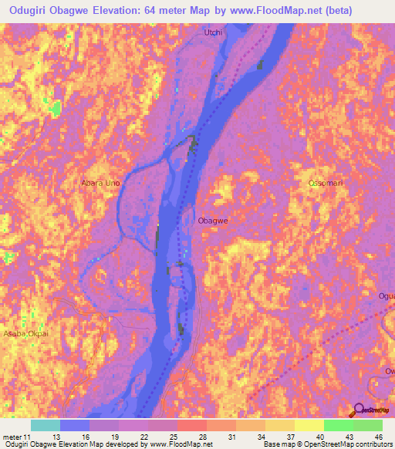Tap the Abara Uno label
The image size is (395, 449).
100,184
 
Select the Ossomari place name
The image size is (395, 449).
325,183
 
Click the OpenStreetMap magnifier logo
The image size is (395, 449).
360,410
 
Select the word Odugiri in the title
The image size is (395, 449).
29,11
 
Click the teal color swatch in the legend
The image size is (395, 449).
45,425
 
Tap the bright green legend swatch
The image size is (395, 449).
338,425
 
